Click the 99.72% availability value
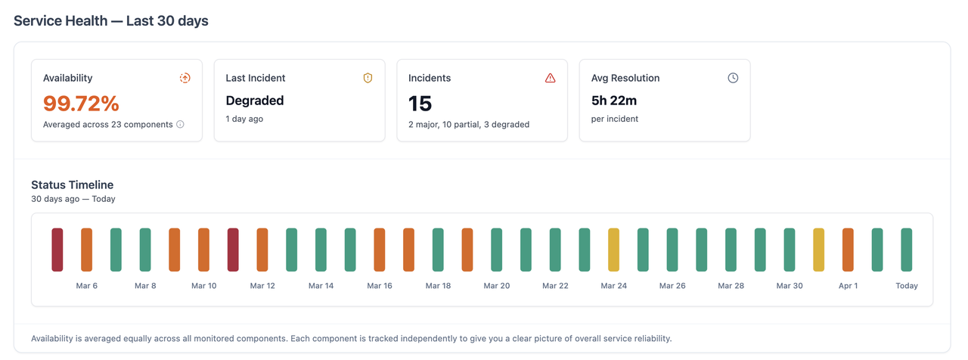click(81, 103)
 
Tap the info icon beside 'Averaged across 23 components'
click(180, 124)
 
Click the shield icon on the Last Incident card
click(368, 78)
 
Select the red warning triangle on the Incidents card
click(550, 78)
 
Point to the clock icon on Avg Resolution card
click(732, 78)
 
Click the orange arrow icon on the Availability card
click(185, 78)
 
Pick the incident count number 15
click(420, 103)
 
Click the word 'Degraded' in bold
click(255, 101)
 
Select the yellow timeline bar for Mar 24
click(613, 250)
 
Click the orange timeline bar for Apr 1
click(848, 250)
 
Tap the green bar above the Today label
click(906, 250)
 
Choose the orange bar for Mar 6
click(86, 250)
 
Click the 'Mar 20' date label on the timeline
click(496, 286)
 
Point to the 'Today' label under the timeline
click(906, 286)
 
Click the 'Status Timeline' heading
click(72, 185)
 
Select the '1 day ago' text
click(244, 119)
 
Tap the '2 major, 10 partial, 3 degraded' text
click(469, 124)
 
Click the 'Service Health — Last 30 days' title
click(111, 21)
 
